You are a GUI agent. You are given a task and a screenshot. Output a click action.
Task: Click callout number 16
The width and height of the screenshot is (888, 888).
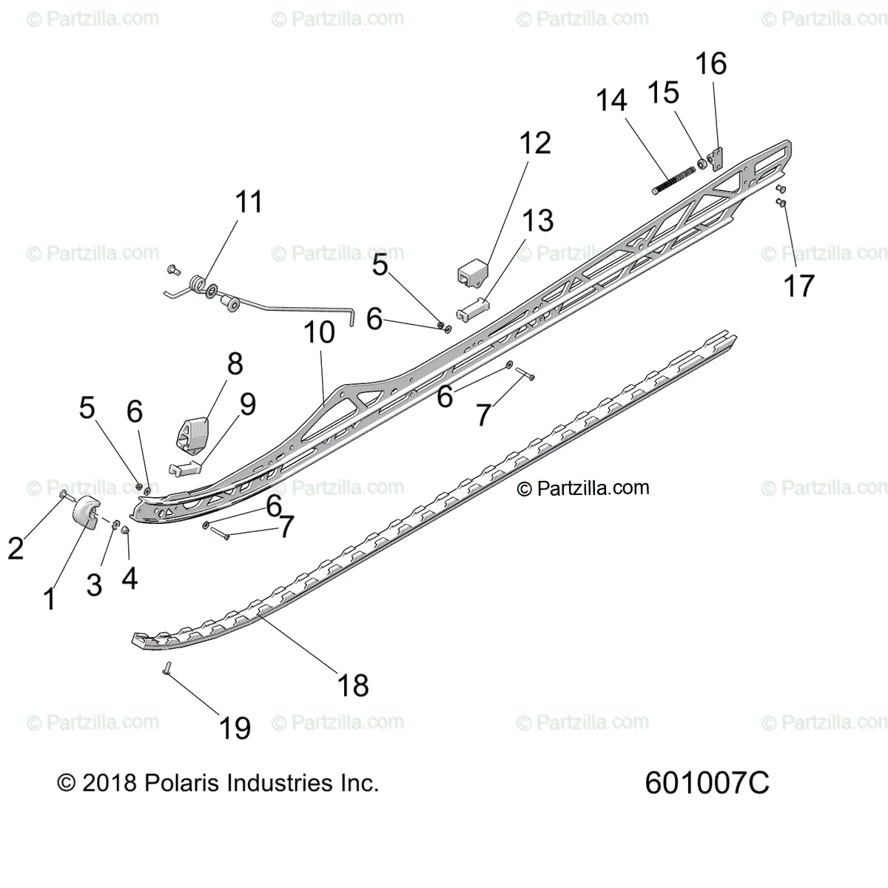pyautogui.click(x=710, y=64)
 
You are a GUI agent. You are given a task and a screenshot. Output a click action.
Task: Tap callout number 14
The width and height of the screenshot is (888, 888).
pyautogui.click(x=611, y=101)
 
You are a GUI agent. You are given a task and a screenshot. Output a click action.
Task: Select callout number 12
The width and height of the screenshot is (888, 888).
pyautogui.click(x=535, y=144)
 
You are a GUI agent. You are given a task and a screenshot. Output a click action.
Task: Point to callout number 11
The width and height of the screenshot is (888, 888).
pyautogui.click(x=249, y=202)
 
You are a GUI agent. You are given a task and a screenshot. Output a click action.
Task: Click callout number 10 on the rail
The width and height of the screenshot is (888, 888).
pyautogui.click(x=319, y=333)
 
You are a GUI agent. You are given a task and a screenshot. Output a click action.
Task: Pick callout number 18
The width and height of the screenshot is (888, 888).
pyautogui.click(x=353, y=686)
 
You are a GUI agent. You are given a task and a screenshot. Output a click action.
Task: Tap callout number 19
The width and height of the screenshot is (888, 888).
pyautogui.click(x=235, y=728)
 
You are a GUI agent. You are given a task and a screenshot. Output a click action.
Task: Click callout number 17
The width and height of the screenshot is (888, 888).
pyautogui.click(x=798, y=286)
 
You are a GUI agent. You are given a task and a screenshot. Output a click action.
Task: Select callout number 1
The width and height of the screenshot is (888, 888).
pyautogui.click(x=50, y=599)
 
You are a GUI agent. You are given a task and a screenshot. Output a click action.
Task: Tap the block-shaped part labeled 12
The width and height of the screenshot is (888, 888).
pyautogui.click(x=471, y=272)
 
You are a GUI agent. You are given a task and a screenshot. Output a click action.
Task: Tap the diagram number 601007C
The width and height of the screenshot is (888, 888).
pyautogui.click(x=707, y=782)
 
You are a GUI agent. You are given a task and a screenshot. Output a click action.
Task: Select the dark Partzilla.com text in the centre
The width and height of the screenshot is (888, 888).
pyautogui.click(x=583, y=488)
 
